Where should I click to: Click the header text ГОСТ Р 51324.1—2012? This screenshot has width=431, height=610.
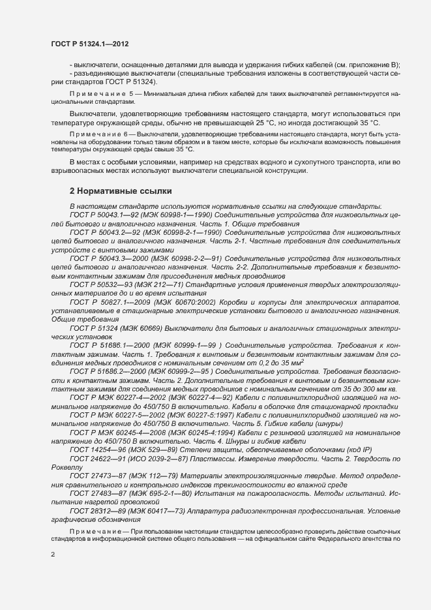click(x=89, y=44)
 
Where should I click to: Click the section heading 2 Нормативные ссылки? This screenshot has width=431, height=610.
click(x=121, y=191)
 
